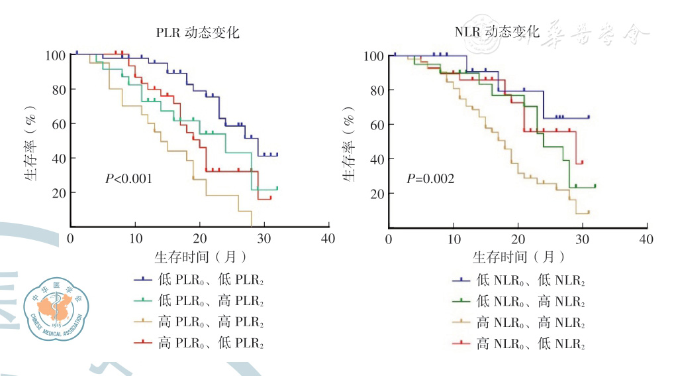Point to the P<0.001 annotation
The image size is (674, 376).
[x=128, y=178]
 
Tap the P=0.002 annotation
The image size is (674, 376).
[x=430, y=178]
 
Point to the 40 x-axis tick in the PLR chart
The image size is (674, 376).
[x=328, y=239]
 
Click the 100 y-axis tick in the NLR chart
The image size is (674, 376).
[x=373, y=56]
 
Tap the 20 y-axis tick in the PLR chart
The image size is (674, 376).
[x=58, y=193]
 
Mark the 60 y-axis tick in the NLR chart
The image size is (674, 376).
[x=376, y=125]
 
